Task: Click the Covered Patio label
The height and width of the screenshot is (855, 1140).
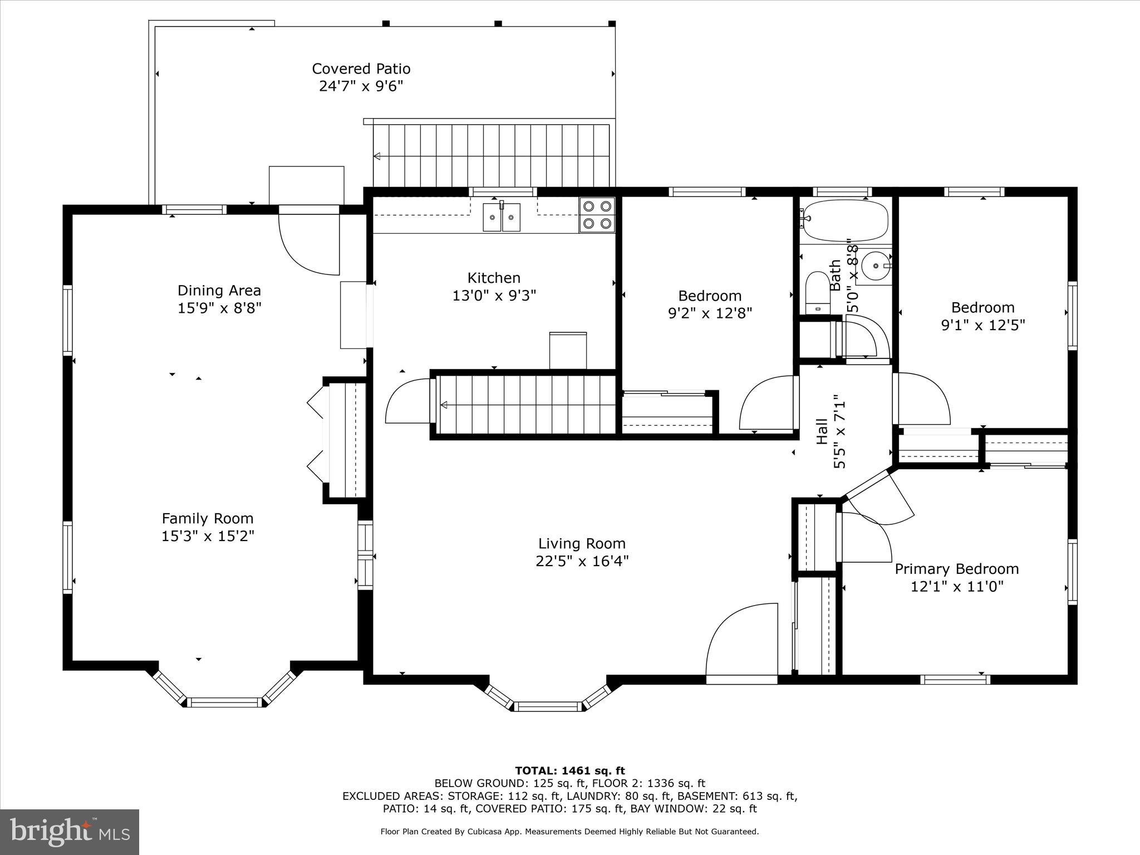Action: click(361, 69)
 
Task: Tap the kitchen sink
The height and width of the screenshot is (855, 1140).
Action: click(502, 217)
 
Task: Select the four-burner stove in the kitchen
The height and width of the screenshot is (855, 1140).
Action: click(597, 215)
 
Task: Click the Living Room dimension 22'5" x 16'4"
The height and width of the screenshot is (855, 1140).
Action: click(582, 561)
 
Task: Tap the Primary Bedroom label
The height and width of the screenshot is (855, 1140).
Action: click(957, 569)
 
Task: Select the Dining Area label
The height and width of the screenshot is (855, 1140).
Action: click(219, 291)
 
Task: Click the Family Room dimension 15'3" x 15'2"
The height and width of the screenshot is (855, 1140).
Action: click(208, 536)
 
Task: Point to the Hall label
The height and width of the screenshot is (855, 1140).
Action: click(822, 431)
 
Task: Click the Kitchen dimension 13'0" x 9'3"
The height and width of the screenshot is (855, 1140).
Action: click(494, 295)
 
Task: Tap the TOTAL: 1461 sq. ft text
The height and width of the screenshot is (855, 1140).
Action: click(570, 771)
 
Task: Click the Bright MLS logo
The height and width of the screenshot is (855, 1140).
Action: click(70, 832)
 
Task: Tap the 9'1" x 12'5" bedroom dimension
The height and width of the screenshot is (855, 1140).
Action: click(983, 325)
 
